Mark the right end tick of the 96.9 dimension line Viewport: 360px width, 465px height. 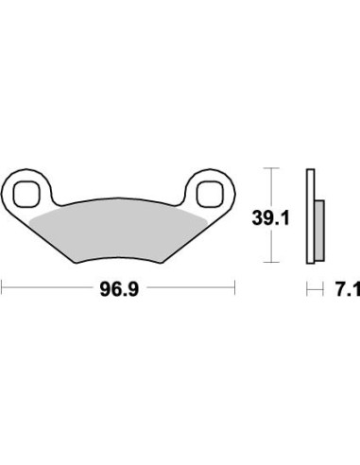(234, 286)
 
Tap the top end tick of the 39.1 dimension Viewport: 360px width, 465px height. (272, 168)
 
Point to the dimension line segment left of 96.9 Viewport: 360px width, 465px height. (47, 286)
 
